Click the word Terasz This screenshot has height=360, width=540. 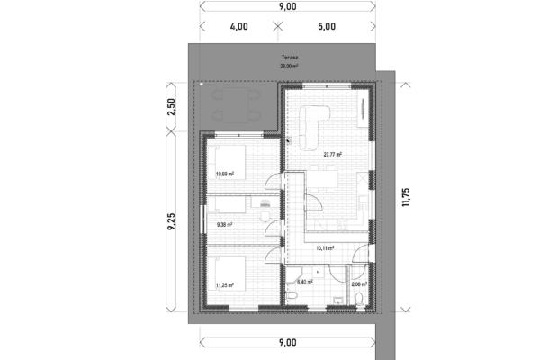[x=290, y=58]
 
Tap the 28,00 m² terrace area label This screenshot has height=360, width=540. [x=289, y=67]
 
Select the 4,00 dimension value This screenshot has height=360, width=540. [x=239, y=26]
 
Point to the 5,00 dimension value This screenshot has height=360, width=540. [x=327, y=26]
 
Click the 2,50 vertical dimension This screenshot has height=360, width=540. [x=171, y=107]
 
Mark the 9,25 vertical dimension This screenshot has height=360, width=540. [x=171, y=221]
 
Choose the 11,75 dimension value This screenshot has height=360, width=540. [x=406, y=197]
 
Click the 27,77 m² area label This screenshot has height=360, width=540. [x=332, y=155]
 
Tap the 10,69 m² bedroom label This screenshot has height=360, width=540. [x=225, y=175]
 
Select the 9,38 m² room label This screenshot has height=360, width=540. [x=224, y=225]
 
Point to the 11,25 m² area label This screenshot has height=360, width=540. [x=225, y=285]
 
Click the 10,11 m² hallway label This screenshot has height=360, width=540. [x=325, y=247]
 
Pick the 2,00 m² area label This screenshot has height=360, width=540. [x=359, y=284]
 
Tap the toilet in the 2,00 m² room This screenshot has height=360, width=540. [x=359, y=299]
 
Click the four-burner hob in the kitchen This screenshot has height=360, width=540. [x=343, y=225]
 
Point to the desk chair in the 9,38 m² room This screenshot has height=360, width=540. [x=265, y=216]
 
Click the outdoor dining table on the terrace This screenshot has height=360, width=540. [x=236, y=105]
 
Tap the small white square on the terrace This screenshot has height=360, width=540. [x=202, y=84]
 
